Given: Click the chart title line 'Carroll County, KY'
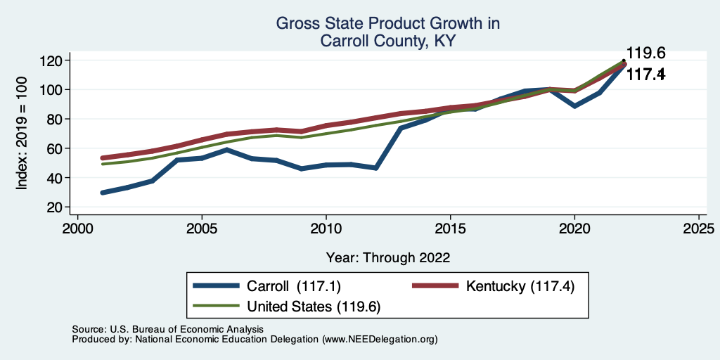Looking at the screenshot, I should (x=387, y=41).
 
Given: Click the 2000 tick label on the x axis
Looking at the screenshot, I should (x=77, y=229).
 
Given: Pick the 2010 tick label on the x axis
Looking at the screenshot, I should (x=326, y=229).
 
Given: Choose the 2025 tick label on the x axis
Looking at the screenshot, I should (x=700, y=229).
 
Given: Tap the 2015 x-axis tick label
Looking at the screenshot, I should (x=450, y=229).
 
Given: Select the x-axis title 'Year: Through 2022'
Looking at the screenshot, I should (x=388, y=257).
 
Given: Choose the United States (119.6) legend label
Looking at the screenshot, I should (x=313, y=307).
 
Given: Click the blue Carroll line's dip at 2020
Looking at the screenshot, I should (x=575, y=105).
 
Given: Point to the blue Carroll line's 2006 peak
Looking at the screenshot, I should (x=227, y=150).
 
